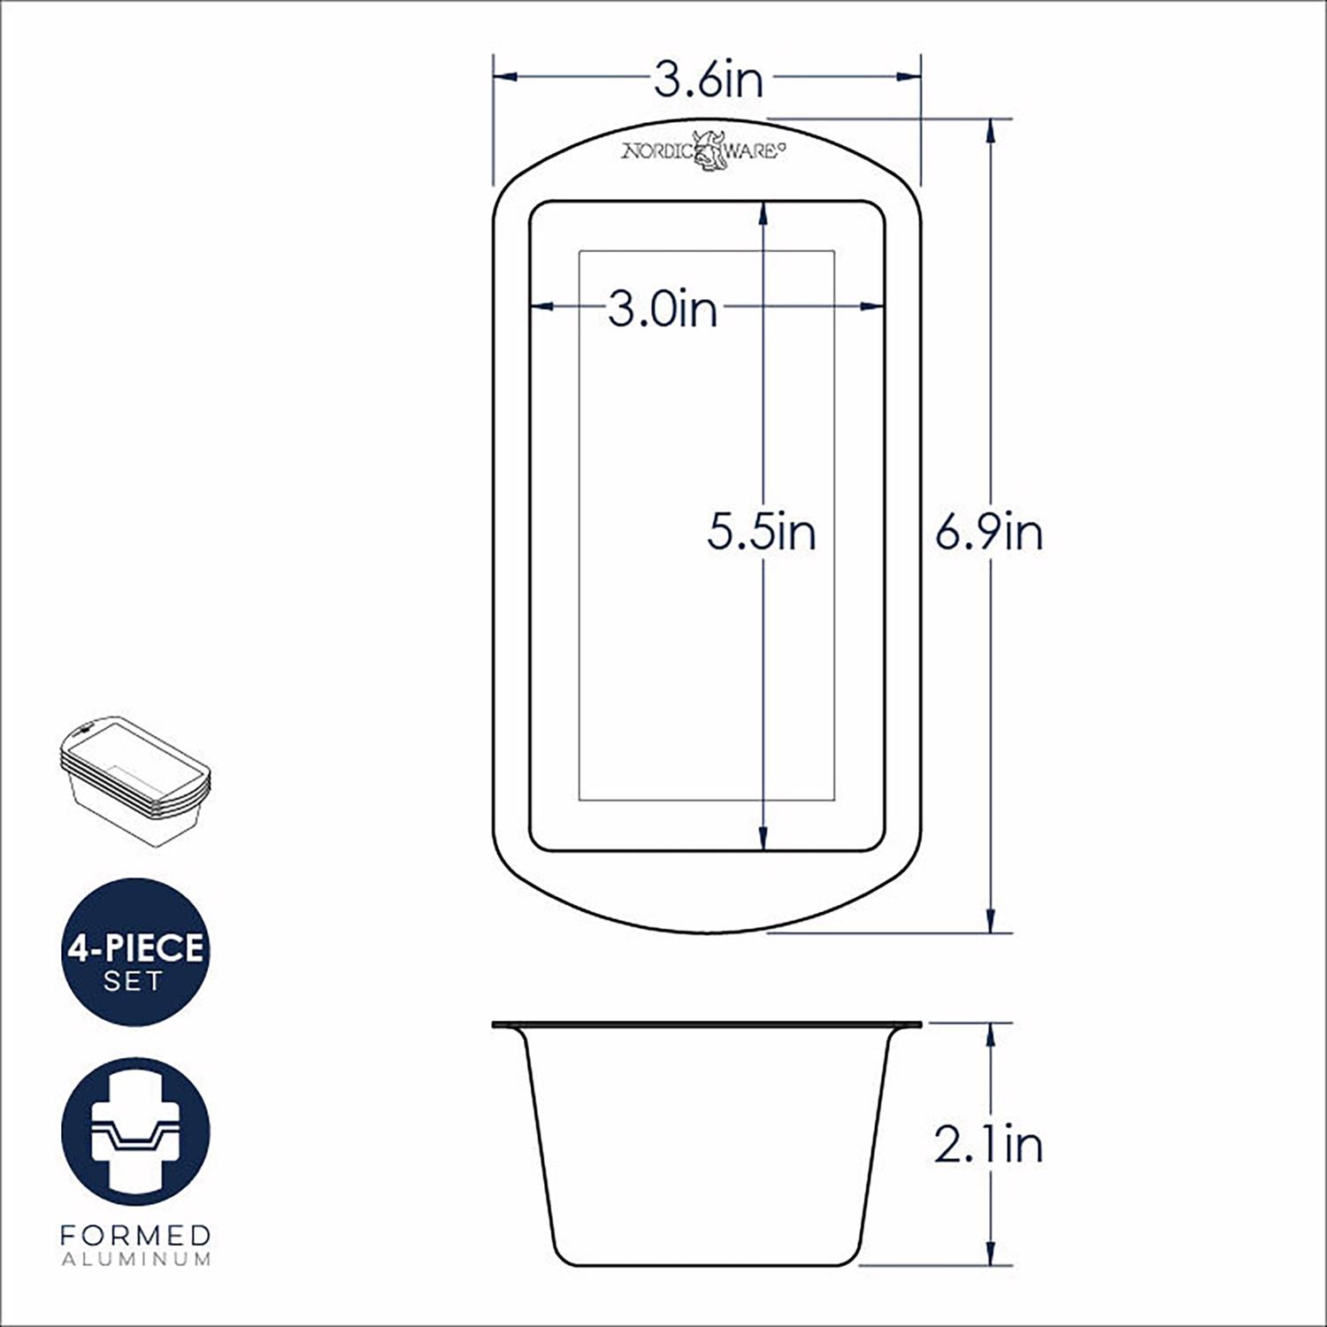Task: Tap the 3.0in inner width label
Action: [663, 310]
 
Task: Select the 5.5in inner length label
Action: [762, 533]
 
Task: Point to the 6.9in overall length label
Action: [989, 533]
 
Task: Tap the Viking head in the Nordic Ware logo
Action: [708, 150]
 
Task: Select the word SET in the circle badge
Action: [134, 981]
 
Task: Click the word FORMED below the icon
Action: [135, 1235]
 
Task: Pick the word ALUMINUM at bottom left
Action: [135, 1259]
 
